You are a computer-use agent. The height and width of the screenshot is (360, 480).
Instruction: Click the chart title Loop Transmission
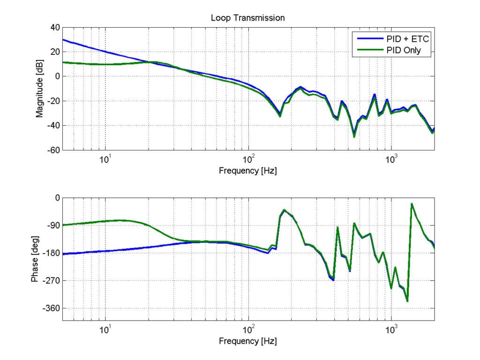coord(247,18)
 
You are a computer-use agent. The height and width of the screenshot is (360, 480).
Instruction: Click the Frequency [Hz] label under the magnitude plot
coord(247,171)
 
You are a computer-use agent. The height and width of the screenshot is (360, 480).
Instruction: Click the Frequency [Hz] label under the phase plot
coord(247,341)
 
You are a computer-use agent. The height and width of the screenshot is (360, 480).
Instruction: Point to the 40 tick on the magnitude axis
coord(54,27)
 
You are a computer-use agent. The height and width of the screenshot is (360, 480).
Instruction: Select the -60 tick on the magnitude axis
coord(52,150)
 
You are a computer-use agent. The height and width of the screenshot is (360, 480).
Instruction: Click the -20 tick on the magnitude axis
coord(52,101)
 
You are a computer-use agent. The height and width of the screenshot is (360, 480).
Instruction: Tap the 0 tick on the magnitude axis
coord(57,76)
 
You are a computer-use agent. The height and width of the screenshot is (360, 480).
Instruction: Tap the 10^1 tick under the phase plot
coord(106,329)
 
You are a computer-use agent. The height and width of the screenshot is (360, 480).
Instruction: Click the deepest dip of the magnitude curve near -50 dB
coord(354,136)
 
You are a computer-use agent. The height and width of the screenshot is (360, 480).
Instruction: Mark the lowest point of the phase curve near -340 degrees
coord(407,301)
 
